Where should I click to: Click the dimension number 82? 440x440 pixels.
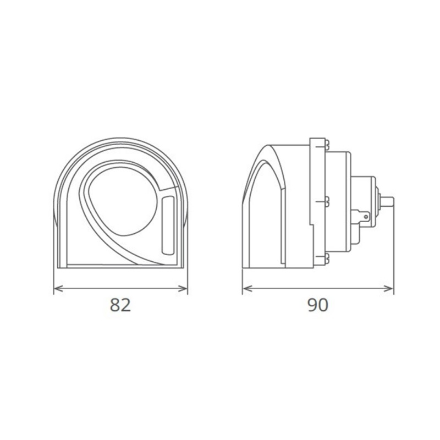(120, 305)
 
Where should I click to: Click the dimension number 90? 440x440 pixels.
(317, 305)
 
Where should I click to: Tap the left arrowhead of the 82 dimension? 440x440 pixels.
(57, 288)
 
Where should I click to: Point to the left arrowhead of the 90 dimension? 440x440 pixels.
(246, 288)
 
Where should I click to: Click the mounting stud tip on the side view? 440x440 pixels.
(389, 201)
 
